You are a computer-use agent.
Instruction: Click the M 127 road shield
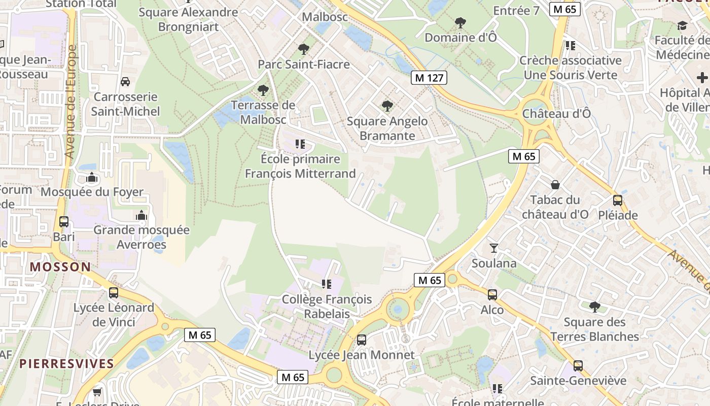pos(429,78)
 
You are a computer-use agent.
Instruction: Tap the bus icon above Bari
pos(64,222)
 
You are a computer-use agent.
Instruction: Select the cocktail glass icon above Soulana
pos(493,248)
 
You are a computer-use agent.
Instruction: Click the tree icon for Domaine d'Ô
pos(460,22)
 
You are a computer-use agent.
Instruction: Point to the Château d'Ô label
pos(556,113)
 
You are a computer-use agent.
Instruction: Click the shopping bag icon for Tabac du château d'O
pos(555,184)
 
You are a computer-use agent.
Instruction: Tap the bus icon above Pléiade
pos(617,200)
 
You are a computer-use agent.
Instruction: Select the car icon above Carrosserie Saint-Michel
pos(125,81)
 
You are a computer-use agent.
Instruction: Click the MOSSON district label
pos(60,266)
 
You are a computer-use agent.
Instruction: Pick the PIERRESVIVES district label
pos(66,363)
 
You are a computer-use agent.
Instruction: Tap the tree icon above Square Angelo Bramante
pos(387,106)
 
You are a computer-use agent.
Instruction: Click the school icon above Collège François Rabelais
pos(326,284)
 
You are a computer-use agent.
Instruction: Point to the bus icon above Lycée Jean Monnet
pos(361,340)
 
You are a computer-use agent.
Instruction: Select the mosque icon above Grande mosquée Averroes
pos(141,215)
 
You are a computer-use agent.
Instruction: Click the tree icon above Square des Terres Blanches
pos(594,307)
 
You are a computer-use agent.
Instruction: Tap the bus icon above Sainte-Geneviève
pos(578,365)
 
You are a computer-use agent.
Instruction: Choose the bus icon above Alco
pos(492,294)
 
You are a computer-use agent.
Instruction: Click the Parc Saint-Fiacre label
pos(304,64)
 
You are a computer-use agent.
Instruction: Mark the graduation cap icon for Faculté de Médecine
pos(682,25)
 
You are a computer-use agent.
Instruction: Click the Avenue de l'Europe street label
pos(70,101)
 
